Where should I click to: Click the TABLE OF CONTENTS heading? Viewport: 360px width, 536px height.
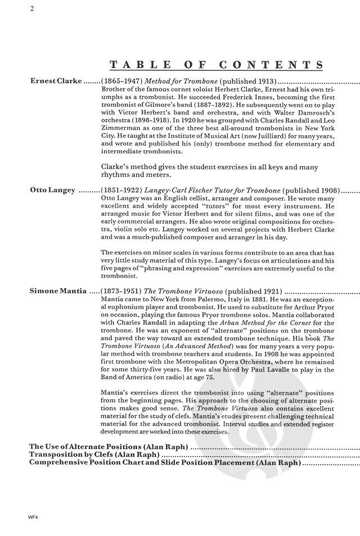[x=217, y=64]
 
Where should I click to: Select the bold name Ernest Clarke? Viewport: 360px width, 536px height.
[x=56, y=80]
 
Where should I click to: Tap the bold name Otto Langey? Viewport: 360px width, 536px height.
[x=52, y=190]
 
